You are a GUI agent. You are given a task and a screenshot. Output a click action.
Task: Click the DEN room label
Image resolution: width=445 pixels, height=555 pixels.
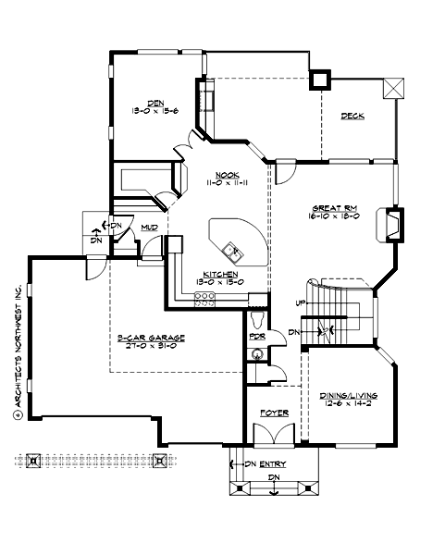pyautogui.click(x=155, y=102)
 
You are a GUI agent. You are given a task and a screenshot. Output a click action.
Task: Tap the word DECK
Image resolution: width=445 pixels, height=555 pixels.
pyautogui.click(x=352, y=116)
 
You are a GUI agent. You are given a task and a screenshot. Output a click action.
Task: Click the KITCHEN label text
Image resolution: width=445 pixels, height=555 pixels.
pyautogui.click(x=222, y=275)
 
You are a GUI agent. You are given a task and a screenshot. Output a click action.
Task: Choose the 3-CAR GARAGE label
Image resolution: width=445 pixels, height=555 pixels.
pyautogui.click(x=152, y=339)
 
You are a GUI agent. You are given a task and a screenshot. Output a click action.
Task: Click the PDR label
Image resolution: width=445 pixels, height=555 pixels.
pyautogui.click(x=257, y=335)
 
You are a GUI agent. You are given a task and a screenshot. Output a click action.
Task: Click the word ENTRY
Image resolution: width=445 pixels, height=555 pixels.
pyautogui.click(x=274, y=462)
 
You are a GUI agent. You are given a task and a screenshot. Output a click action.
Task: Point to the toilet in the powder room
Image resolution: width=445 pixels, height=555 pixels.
pyautogui.click(x=258, y=320)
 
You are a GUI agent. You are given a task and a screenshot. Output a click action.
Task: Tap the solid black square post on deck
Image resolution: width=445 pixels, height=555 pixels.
pyautogui.click(x=321, y=80)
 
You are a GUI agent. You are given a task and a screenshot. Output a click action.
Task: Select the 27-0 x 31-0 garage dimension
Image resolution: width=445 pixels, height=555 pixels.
pyautogui.click(x=152, y=348)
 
